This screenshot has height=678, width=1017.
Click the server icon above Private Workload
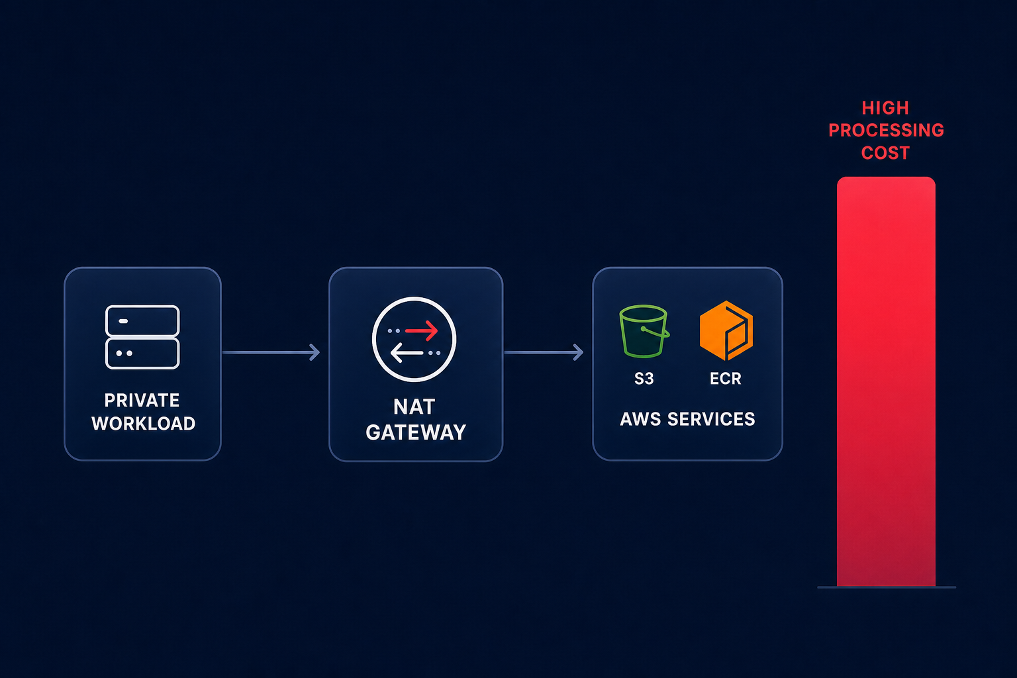142,337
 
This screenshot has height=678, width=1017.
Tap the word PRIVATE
142,401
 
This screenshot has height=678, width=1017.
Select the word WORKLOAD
144,424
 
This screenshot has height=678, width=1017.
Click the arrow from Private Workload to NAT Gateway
271,352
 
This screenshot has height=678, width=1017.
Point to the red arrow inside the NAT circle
421,330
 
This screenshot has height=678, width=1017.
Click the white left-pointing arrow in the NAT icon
407,353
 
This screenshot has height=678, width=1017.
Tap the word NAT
414,407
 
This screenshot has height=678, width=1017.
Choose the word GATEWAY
416,432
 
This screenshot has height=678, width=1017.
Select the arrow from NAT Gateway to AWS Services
544,352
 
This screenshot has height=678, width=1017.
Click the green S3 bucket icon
644,331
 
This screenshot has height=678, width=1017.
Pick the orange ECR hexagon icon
726,330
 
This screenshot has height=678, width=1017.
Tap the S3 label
644,379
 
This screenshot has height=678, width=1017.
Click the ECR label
726,379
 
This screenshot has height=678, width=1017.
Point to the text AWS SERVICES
687,419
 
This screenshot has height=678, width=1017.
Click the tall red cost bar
887,381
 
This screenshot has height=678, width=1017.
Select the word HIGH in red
885,108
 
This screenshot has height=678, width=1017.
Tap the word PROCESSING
887,130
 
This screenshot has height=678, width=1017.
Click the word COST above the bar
885,153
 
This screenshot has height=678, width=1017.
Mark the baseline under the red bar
887,587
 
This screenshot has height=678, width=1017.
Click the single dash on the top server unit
123,321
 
